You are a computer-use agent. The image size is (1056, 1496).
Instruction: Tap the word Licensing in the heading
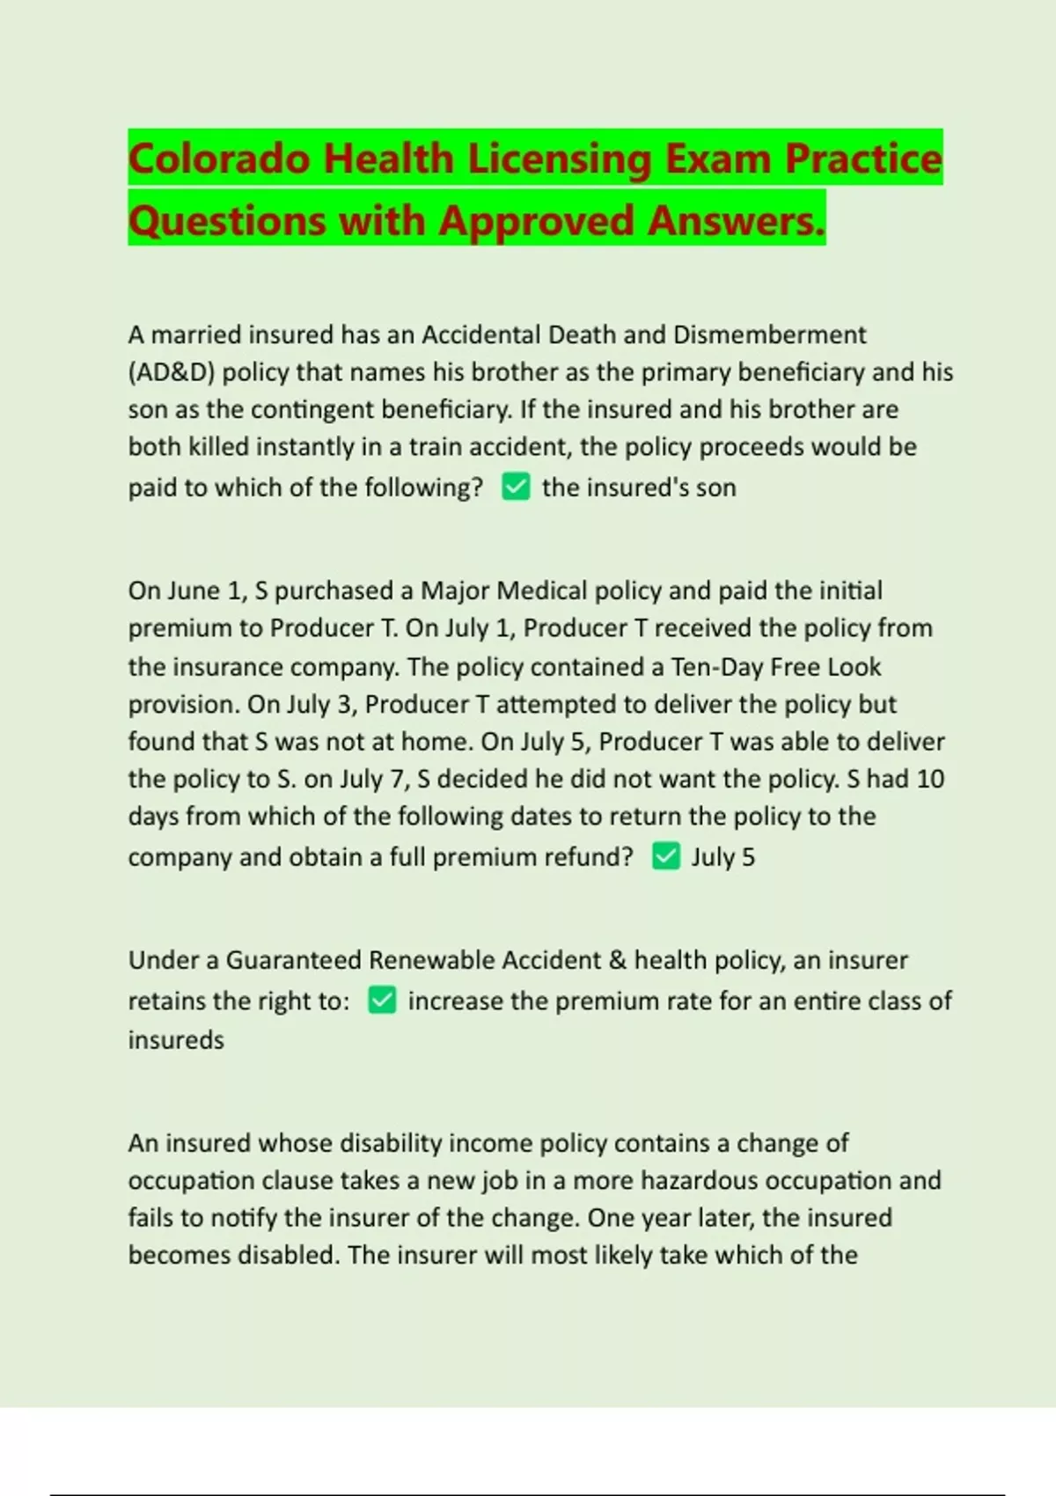pos(559,159)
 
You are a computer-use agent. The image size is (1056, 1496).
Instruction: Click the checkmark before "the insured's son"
pos(516,487)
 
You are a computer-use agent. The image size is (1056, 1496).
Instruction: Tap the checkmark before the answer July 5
pos(666,856)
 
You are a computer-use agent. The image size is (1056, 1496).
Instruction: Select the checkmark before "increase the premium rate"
pos(382,1001)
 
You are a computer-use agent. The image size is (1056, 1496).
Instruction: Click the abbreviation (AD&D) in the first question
pos(172,372)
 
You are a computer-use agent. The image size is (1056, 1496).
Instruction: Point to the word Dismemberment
pos(769,334)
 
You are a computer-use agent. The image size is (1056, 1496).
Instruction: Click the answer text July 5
pos(722,857)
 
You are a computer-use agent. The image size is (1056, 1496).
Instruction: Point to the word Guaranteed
pos(293,960)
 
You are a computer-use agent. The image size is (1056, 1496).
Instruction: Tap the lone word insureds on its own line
pos(176,1040)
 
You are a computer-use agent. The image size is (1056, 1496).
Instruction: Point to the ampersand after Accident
pos(618,960)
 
